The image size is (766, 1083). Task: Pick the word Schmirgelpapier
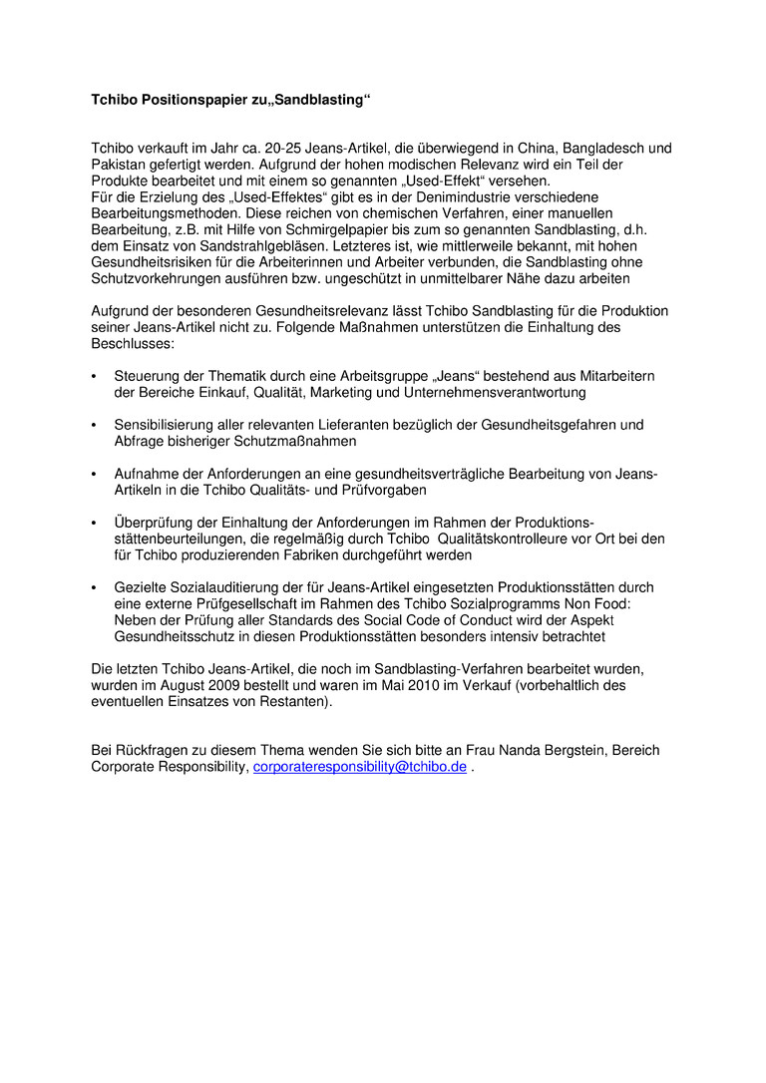pyautogui.click(x=319, y=229)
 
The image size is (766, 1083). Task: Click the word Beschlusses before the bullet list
pyautogui.click(x=133, y=343)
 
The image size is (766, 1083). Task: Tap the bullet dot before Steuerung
pyautogui.click(x=94, y=377)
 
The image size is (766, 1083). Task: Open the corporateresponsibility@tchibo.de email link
pyautogui.click(x=360, y=767)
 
